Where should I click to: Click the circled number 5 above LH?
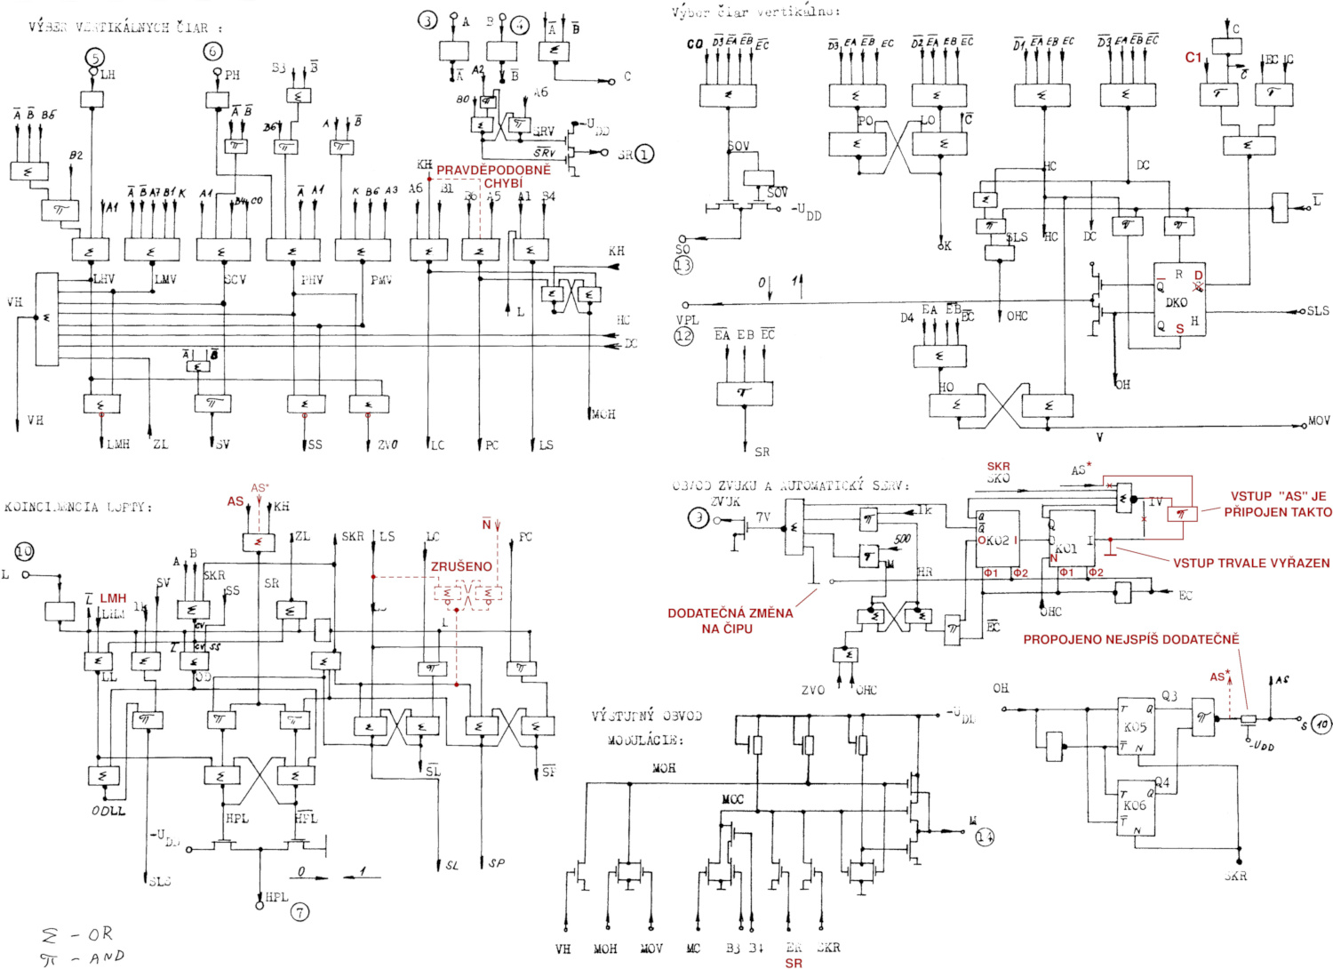[x=95, y=59]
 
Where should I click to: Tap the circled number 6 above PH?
[x=212, y=52]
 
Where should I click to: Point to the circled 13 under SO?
[x=683, y=264]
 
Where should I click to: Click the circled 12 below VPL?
[x=683, y=336]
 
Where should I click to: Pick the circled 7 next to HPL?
[x=301, y=911]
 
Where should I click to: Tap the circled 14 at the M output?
[x=985, y=837]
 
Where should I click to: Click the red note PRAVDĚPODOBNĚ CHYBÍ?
[x=493, y=176]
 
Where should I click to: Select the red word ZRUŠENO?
[x=461, y=566]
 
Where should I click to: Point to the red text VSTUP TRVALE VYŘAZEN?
[x=1251, y=563]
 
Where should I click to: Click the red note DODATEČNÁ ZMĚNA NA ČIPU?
[x=730, y=621]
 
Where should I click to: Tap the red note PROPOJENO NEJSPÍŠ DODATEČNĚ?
[x=1130, y=639]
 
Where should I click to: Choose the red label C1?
[x=1193, y=57]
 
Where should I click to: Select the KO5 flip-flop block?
[x=1136, y=725]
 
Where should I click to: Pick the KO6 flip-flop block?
[x=1136, y=805]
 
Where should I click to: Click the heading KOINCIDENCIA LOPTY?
[x=78, y=507]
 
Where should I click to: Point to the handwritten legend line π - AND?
[x=82, y=957]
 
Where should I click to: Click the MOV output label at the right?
[x=1319, y=420]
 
